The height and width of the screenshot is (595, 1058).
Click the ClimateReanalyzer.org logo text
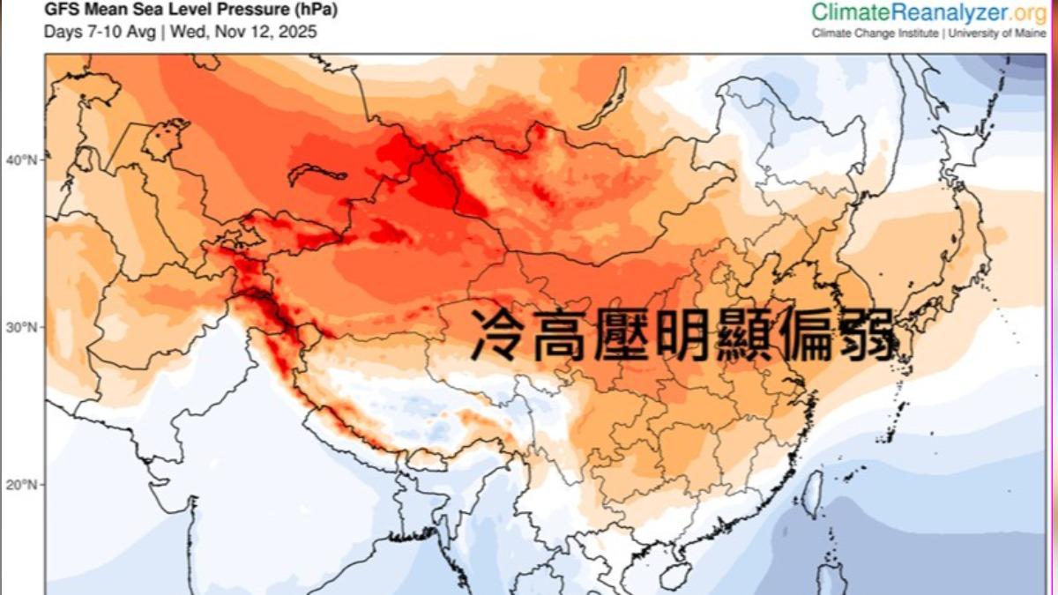(x=928, y=12)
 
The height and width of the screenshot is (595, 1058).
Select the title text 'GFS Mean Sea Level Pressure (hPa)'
(x=190, y=11)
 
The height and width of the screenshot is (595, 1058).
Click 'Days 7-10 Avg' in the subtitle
(x=99, y=32)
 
